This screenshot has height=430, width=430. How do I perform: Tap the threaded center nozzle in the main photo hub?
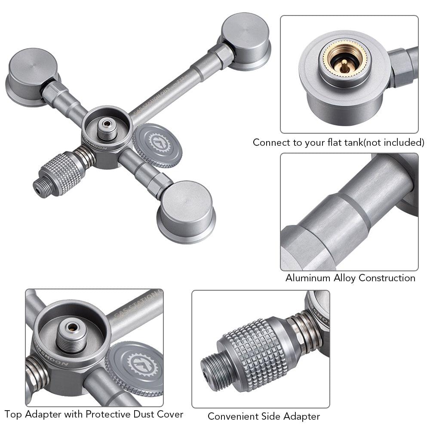106,129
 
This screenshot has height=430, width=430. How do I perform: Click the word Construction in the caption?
387,278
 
